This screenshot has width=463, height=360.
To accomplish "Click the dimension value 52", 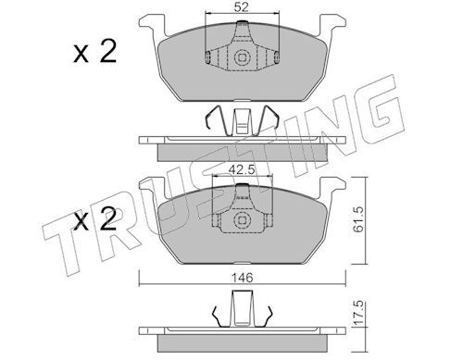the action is click(x=241, y=6).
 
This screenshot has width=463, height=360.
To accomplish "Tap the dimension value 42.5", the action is click(x=241, y=169).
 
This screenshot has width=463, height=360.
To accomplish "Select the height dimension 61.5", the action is click(x=358, y=219).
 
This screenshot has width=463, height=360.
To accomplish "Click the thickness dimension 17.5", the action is click(x=358, y=314).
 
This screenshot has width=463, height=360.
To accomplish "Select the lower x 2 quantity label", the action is click(x=95, y=219).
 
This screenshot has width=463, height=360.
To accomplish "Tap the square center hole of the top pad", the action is click(x=242, y=57).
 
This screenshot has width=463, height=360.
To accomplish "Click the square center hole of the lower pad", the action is click(x=242, y=219).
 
